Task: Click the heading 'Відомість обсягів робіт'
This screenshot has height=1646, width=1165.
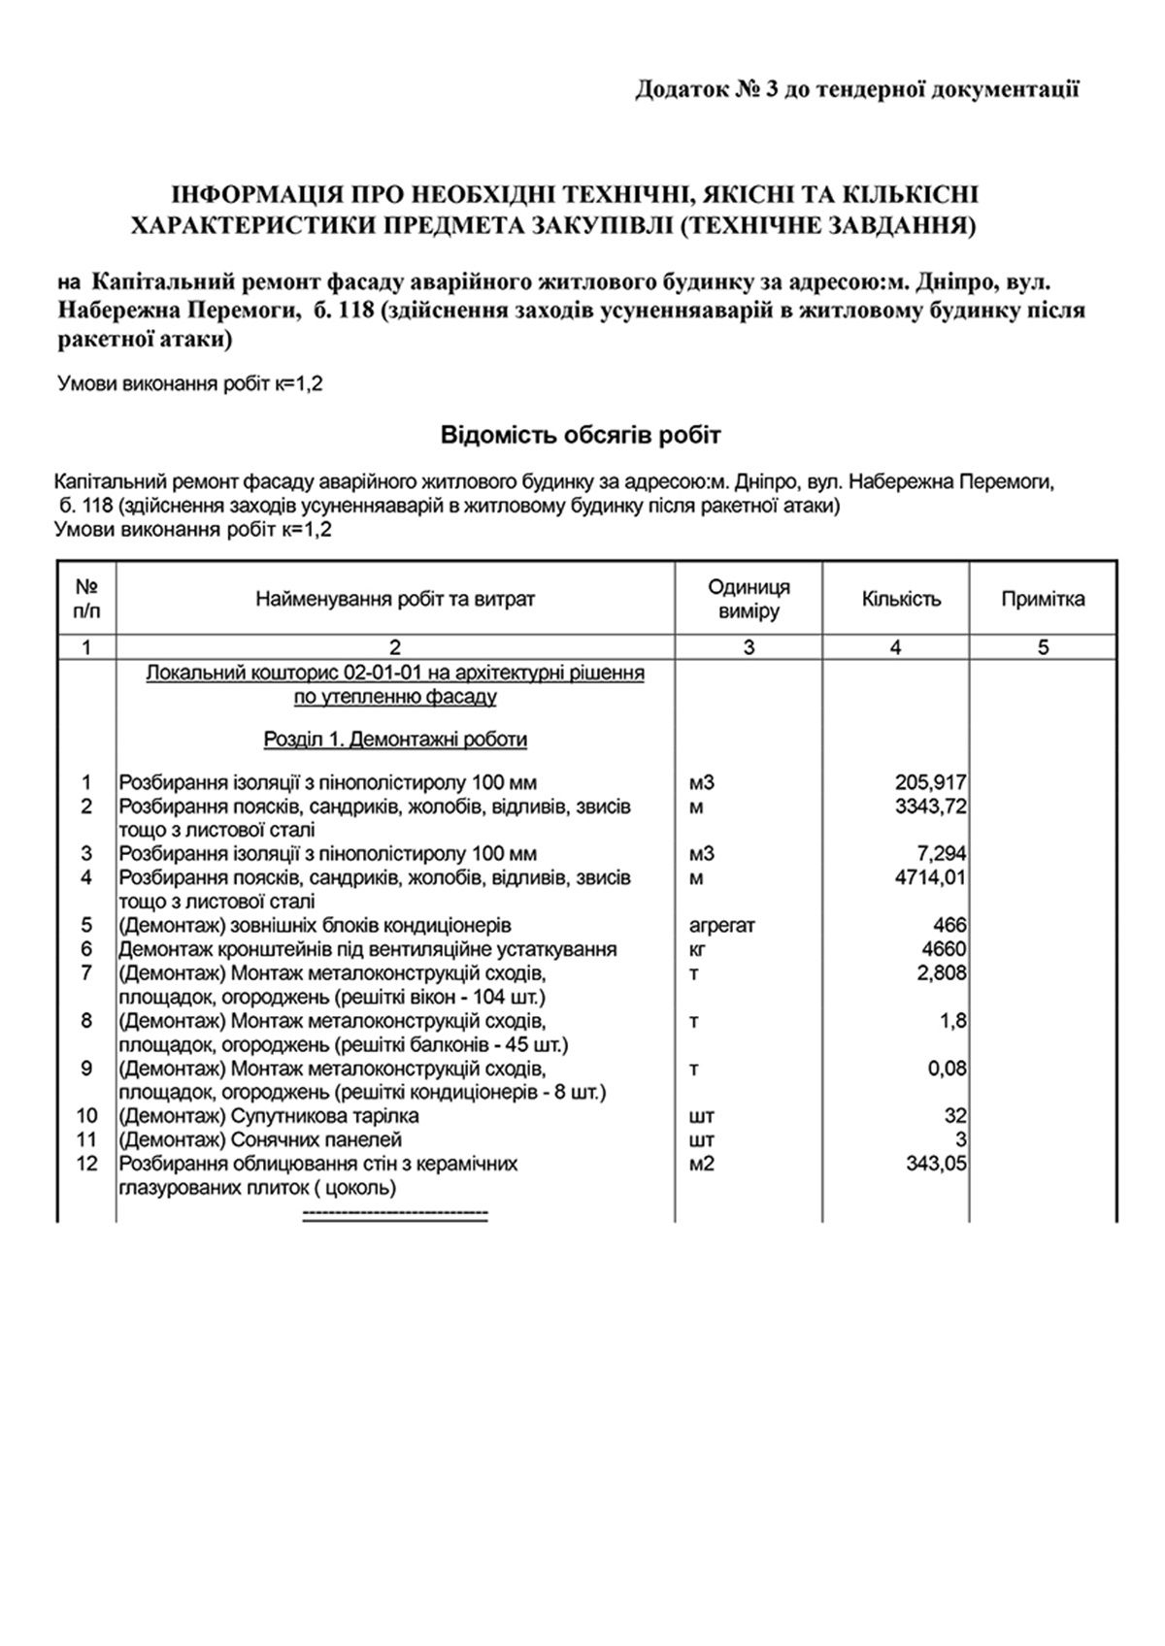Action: tap(581, 434)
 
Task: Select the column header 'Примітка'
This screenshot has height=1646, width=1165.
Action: tap(1043, 599)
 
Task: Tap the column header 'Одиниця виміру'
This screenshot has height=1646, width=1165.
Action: tap(749, 599)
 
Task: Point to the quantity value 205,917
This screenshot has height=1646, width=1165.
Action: tap(930, 782)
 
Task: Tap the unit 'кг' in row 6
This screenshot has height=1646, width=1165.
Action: tap(697, 949)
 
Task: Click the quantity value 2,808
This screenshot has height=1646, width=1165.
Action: tap(941, 972)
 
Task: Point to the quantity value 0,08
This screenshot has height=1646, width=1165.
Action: tap(948, 1069)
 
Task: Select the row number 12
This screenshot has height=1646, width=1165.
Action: tap(86, 1163)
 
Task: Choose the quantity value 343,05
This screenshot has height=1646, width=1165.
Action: tap(935, 1163)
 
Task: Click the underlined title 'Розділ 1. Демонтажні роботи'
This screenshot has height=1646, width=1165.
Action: tap(395, 740)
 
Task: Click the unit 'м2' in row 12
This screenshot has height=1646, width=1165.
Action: tap(701, 1163)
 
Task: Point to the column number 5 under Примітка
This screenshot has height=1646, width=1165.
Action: tap(1043, 647)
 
